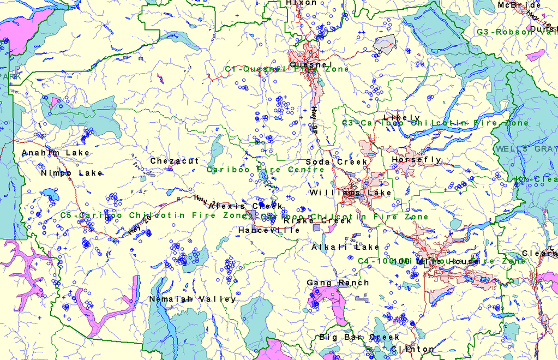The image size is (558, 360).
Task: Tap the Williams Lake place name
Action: (x=350, y=193)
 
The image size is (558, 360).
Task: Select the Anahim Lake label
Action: (x=56, y=153)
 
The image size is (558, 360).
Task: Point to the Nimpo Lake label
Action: (x=71, y=173)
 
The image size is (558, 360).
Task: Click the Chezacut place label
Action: (x=175, y=161)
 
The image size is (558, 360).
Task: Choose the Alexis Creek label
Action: (x=245, y=206)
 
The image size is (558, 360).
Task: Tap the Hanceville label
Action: (x=269, y=231)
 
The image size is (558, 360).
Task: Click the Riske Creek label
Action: (x=317, y=221)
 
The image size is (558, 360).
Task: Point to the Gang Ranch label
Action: (x=338, y=283)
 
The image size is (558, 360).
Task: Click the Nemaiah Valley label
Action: (x=193, y=299)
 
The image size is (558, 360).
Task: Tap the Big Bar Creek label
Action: (x=352, y=337)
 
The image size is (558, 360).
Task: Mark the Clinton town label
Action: (x=413, y=349)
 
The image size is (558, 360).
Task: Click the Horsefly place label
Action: (x=416, y=160)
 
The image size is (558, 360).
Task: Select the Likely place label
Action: (x=402, y=118)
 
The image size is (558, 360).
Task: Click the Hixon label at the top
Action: (x=301, y=3)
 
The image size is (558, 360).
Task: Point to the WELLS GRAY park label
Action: (x=526, y=149)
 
